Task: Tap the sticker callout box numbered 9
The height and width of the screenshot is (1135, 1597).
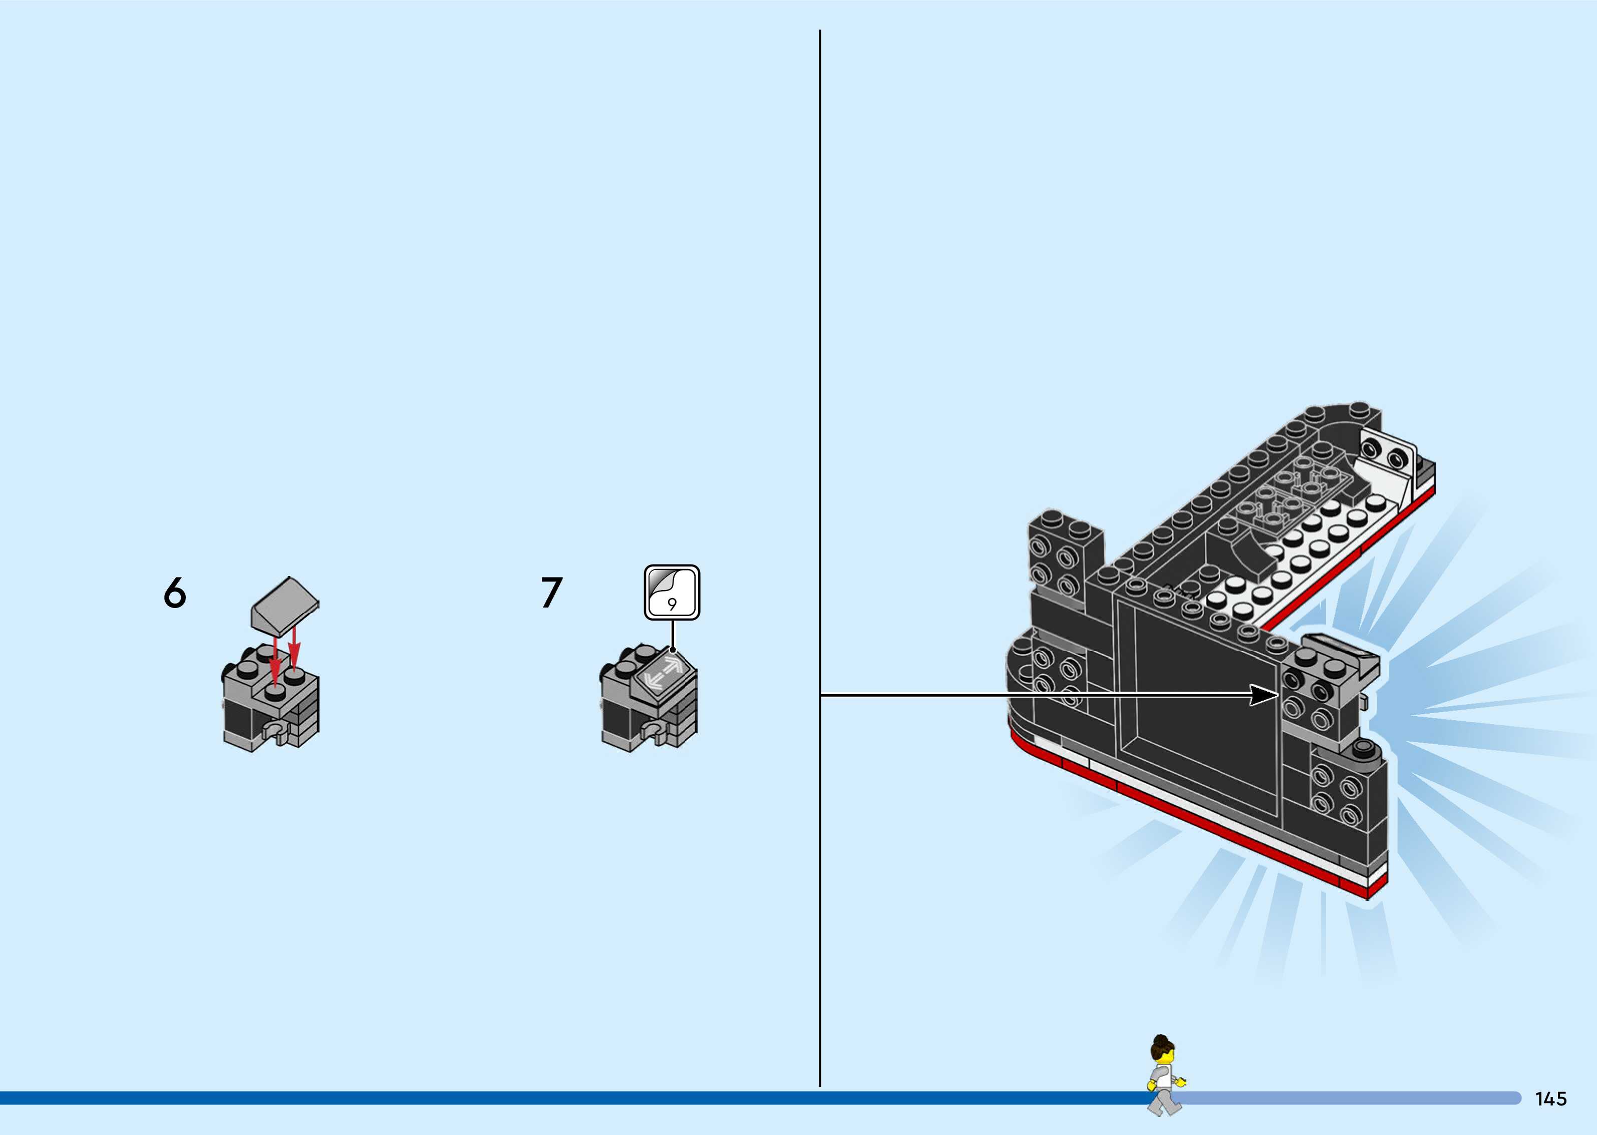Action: click(x=672, y=592)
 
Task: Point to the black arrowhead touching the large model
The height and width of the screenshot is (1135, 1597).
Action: click(x=1264, y=696)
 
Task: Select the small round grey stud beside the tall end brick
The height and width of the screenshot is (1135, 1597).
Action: click(x=1362, y=750)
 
